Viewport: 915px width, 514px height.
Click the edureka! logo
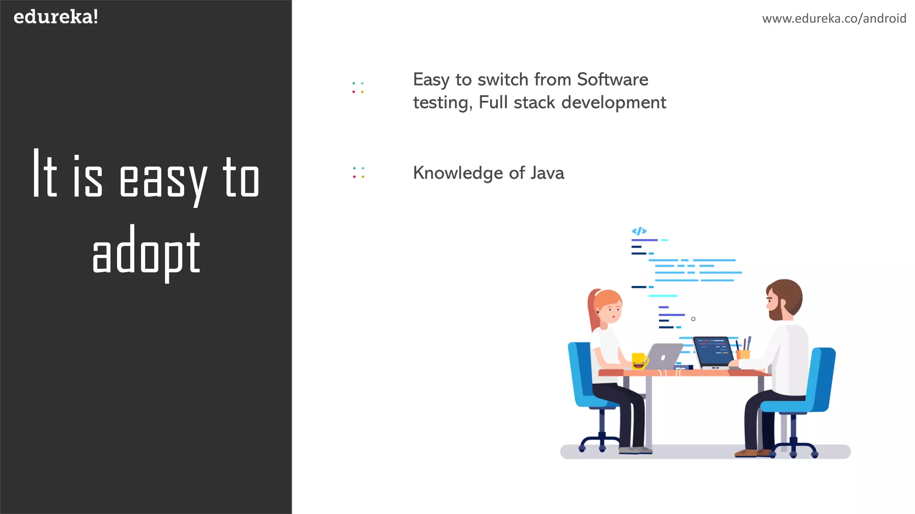tap(56, 17)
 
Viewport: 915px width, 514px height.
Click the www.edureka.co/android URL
tap(834, 18)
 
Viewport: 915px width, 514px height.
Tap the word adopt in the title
tap(146, 253)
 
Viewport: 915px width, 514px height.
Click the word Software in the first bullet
tap(612, 79)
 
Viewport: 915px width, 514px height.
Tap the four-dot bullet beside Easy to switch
tap(358, 87)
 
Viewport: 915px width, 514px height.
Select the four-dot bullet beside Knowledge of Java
tap(358, 173)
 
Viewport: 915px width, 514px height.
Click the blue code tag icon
tap(639, 231)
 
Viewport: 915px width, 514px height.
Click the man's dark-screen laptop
tap(714, 352)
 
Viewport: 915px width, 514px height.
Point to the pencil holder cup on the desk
tap(743, 354)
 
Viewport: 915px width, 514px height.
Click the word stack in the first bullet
tap(534, 103)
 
